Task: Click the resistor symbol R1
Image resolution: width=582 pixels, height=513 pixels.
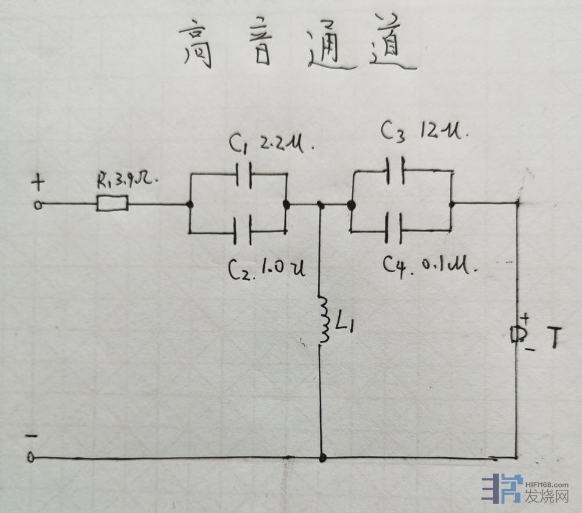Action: [112, 204]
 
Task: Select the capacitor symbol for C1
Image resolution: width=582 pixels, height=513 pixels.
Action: [245, 173]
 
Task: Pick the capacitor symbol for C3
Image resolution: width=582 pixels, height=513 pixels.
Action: [396, 170]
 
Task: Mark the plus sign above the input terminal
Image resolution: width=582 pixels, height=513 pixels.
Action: [38, 184]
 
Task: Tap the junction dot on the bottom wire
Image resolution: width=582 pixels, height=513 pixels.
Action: [322, 458]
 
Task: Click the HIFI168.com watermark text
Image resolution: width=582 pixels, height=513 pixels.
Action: [546, 483]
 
